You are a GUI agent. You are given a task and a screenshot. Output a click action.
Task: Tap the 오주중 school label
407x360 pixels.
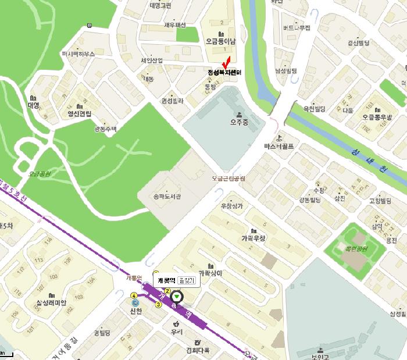[x=239, y=122]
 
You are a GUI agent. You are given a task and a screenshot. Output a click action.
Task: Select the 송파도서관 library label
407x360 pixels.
[x=167, y=197]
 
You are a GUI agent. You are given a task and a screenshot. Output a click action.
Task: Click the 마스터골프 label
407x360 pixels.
[x=279, y=147]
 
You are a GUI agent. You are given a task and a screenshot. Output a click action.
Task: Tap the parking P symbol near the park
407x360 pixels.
[x=89, y=25]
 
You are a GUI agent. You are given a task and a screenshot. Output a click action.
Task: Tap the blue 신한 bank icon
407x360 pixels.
[x=135, y=303]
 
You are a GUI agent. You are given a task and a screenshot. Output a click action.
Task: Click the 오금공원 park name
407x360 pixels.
[x=40, y=173]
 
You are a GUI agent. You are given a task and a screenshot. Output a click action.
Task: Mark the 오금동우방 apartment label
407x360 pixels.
[x=378, y=116]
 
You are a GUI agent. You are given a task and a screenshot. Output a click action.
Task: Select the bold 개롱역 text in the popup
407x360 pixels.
[x=166, y=280]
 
